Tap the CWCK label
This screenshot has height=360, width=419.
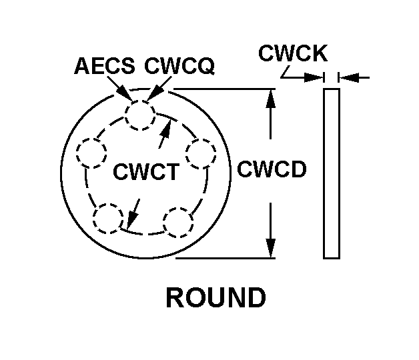[x=288, y=54]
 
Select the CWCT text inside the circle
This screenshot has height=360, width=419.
[x=145, y=172]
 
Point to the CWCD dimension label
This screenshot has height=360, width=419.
[x=272, y=169]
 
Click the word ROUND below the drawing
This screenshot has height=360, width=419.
[x=216, y=298]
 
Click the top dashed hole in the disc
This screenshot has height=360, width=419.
[x=141, y=115]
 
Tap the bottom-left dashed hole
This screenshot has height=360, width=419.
[x=108, y=219]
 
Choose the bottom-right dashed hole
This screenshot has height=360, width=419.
[x=178, y=222]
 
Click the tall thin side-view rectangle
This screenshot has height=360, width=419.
[x=331, y=173]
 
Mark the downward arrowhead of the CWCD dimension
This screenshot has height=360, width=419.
[x=270, y=248]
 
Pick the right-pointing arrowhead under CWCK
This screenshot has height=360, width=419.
[x=317, y=78]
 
